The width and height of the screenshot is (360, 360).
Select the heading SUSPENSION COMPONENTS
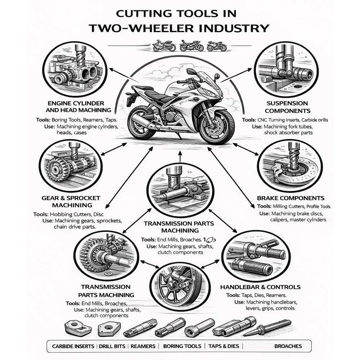coord(287,107)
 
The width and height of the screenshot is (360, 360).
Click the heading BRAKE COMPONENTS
coord(291,198)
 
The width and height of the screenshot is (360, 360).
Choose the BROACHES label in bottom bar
coord(288,346)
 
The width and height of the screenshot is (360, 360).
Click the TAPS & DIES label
coord(224,346)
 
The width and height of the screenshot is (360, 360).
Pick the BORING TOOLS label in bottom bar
coord(182,346)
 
